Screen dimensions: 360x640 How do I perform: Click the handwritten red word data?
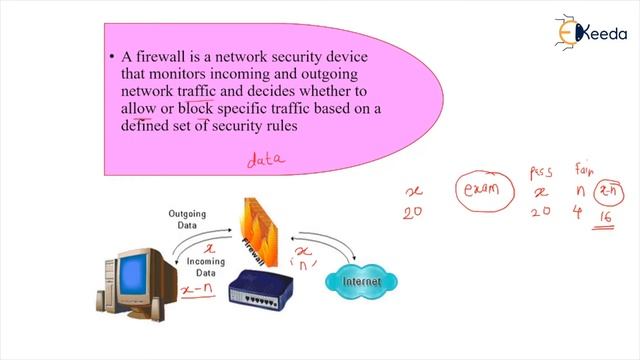point(266,158)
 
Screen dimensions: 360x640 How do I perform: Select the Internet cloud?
point(363,281)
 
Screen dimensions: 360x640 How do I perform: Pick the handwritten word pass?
point(541,172)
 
